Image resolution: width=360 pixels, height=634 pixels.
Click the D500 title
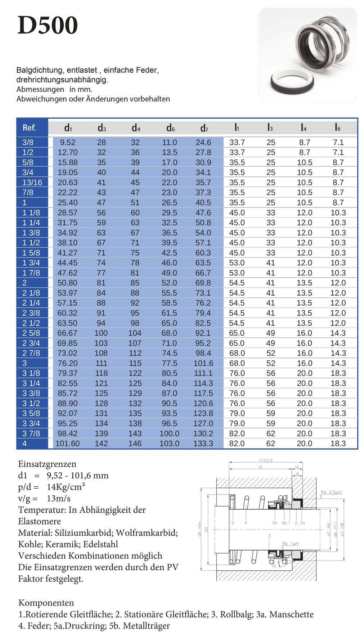(x=48, y=25)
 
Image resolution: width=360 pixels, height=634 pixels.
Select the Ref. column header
(x=29, y=128)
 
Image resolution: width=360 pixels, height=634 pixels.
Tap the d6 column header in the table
(x=170, y=128)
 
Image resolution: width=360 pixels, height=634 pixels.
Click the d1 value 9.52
(x=68, y=143)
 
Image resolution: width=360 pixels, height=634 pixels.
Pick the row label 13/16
(x=32, y=183)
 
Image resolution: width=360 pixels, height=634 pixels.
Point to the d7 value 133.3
(x=203, y=444)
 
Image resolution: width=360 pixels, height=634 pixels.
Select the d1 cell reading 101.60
(x=67, y=444)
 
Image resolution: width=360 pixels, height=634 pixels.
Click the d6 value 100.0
(x=169, y=433)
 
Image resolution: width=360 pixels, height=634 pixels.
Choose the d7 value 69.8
(x=203, y=283)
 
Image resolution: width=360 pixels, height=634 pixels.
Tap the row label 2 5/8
(x=31, y=333)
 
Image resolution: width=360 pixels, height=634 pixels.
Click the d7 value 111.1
(x=203, y=373)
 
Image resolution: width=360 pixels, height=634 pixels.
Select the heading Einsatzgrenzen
(x=47, y=464)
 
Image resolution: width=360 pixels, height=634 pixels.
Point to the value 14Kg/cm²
(x=66, y=487)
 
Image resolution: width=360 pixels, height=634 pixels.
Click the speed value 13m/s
(x=59, y=499)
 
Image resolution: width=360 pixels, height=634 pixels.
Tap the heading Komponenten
(x=46, y=603)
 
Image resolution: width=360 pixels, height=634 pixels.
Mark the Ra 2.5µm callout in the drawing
(x=331, y=492)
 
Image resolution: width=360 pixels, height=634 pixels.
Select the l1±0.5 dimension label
(x=266, y=460)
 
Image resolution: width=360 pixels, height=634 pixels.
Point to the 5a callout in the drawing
(x=275, y=523)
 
